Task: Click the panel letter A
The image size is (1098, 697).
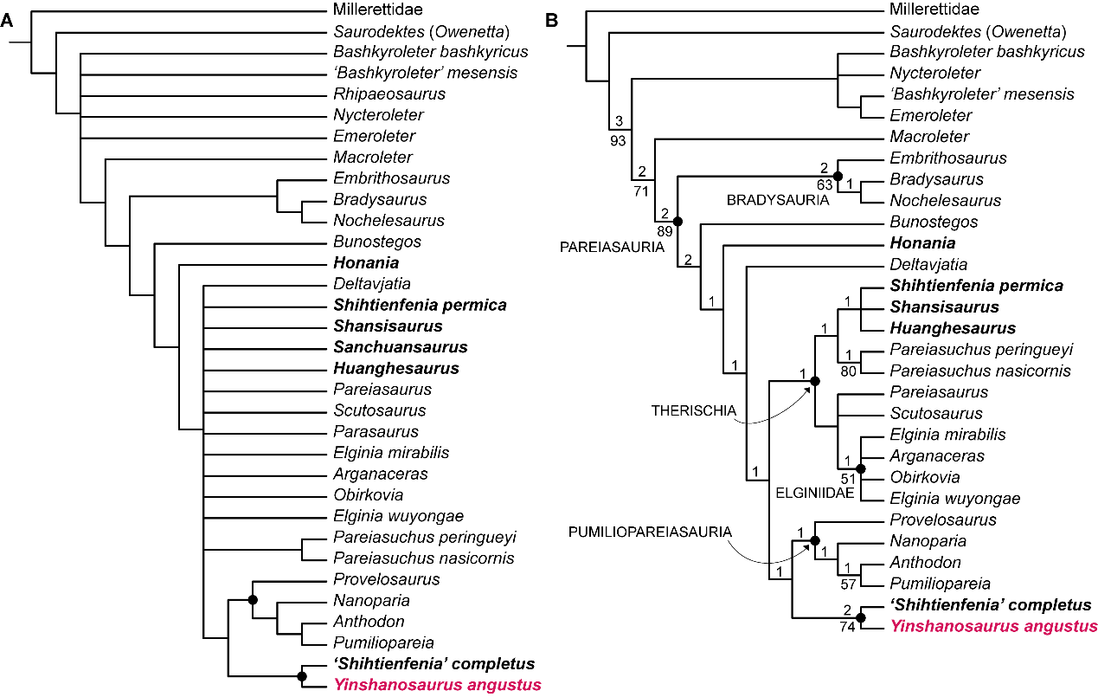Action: (7, 23)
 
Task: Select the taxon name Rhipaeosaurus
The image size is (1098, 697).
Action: (389, 94)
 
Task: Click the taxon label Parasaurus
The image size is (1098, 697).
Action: (376, 431)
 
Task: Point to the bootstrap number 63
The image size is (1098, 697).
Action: (825, 184)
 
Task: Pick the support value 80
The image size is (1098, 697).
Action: (849, 372)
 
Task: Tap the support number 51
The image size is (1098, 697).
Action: (849, 477)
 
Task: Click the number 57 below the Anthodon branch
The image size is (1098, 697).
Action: (849, 584)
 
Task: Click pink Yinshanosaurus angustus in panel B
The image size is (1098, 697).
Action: (993, 626)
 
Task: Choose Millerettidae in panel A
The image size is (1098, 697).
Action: (378, 10)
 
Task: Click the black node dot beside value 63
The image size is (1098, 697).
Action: (838, 175)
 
